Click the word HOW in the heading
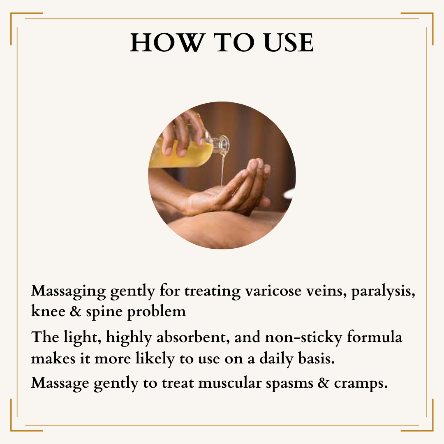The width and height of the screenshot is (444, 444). (167, 42)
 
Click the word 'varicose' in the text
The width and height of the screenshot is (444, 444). (273, 291)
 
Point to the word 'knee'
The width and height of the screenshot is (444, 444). (48, 311)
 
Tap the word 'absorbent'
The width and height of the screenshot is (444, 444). (193, 337)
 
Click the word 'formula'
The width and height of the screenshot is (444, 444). (375, 337)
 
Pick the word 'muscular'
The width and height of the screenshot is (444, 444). (230, 384)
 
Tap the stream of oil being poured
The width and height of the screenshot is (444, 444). (222, 170)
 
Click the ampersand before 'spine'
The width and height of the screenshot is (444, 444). (76, 311)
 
